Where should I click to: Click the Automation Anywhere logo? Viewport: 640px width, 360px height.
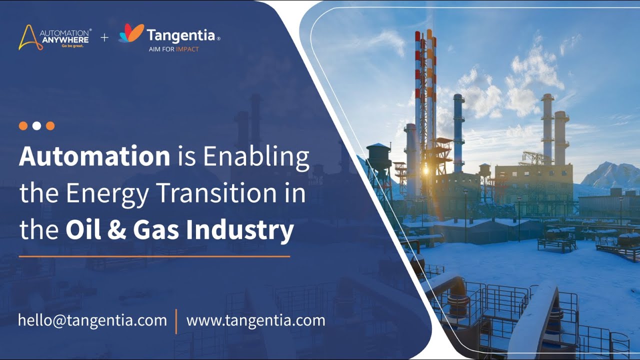coord(54,37)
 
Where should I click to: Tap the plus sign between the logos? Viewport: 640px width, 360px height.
coord(104,37)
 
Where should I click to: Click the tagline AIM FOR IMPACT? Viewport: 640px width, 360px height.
coord(173,49)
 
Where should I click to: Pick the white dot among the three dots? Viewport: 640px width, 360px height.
coord(36,126)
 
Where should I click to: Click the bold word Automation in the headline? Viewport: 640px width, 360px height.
coord(94,156)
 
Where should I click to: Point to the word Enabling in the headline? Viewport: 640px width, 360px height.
coord(255,157)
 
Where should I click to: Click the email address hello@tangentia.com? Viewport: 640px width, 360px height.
coord(92,320)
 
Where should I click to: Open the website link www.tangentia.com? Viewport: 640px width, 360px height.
coord(255,320)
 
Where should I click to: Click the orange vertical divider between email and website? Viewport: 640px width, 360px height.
coord(176,321)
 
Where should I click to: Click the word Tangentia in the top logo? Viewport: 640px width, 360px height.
coord(180,35)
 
